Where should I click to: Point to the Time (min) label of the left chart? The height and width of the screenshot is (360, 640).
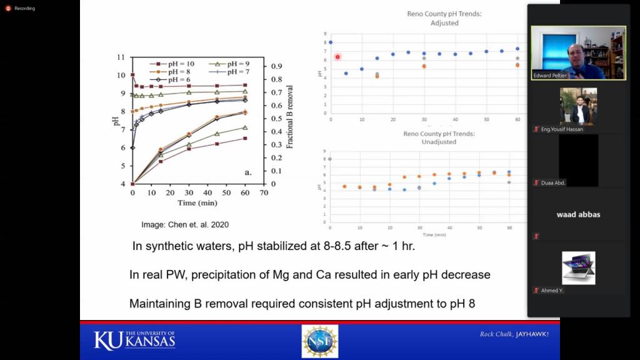point(197,203)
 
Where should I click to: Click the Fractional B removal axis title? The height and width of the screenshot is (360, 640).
point(290,116)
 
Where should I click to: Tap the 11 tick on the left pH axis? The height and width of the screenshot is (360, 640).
point(121,57)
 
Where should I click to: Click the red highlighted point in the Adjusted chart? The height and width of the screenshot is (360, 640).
point(337,57)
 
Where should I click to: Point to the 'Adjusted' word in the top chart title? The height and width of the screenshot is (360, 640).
point(444,23)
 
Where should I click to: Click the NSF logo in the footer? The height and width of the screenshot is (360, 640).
point(320,341)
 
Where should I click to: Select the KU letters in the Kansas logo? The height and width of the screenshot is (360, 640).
point(107,341)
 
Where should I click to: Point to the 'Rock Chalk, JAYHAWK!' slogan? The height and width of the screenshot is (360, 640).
point(514,334)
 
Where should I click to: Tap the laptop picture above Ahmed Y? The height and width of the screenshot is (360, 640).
point(578,267)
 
